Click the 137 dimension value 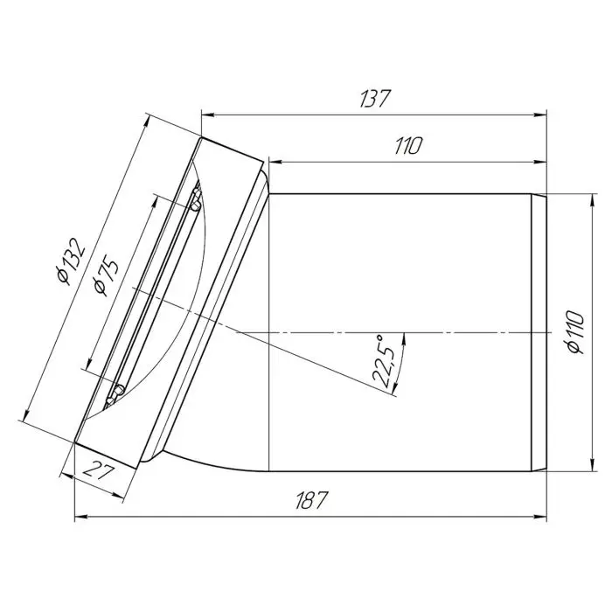(x=374, y=99)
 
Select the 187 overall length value (x=310, y=500)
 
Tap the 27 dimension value (x=100, y=470)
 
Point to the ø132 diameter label (x=70, y=261)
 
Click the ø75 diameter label (x=106, y=276)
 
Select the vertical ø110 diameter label (x=576, y=332)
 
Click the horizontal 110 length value (x=408, y=146)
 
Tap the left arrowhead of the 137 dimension (x=208, y=115)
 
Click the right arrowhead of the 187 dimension (x=540, y=518)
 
